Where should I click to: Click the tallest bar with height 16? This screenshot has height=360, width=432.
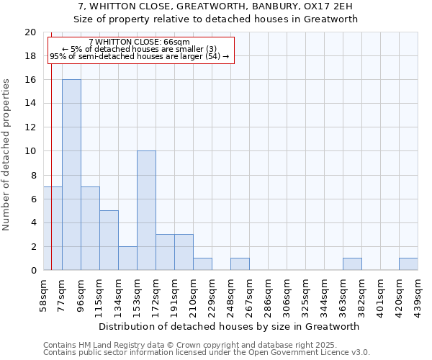[x=71, y=175]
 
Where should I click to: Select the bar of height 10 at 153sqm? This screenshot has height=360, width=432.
[x=146, y=211]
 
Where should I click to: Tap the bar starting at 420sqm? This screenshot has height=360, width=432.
[x=408, y=264]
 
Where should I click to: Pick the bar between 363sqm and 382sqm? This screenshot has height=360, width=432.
[x=352, y=264]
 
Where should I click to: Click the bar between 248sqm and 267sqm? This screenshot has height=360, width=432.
[x=240, y=264]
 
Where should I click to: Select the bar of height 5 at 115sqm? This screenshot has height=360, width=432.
[x=109, y=240]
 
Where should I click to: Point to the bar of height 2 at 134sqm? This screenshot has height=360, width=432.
[x=127, y=258]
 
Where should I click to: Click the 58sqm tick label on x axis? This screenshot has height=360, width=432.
[x=43, y=294]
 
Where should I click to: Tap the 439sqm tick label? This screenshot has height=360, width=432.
[x=418, y=294]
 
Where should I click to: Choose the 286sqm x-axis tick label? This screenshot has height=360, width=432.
[x=268, y=294]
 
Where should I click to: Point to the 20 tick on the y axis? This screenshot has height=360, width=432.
[x=30, y=32]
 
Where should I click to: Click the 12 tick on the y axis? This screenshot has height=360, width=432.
[x=30, y=127]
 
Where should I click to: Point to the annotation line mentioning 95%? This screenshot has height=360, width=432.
[x=139, y=56]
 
